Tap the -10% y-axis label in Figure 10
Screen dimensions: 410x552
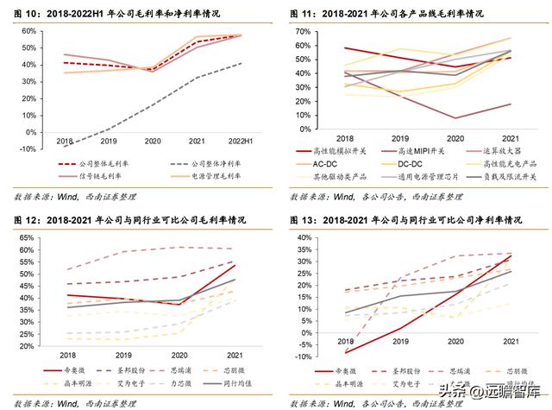click(28, 148)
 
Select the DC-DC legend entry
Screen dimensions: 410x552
click(415, 163)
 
